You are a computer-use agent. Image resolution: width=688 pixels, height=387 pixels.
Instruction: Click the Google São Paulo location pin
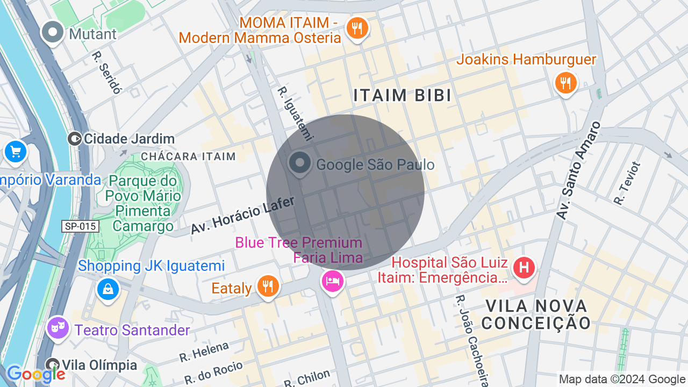299,163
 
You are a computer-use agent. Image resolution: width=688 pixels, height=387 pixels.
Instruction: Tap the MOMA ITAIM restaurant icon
357,27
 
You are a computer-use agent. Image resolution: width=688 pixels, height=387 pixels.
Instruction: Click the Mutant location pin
53,32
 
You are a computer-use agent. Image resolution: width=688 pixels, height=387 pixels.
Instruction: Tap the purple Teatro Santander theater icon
58,327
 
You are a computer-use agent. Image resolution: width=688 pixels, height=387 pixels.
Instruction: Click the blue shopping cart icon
15,152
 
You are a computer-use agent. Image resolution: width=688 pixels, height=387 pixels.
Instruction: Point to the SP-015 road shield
81,226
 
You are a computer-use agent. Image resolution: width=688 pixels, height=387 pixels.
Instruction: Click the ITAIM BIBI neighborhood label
403,96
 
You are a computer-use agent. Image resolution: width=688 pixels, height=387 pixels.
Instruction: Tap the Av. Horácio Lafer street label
243,215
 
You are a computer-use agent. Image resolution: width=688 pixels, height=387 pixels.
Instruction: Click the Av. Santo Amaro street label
578,170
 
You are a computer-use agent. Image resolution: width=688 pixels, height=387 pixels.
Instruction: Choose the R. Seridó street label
106,73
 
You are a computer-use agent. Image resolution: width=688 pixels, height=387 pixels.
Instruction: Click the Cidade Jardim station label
129,139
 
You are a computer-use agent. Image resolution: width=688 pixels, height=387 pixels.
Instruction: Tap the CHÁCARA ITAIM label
188,156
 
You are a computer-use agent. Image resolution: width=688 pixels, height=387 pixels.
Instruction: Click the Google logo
35,374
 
